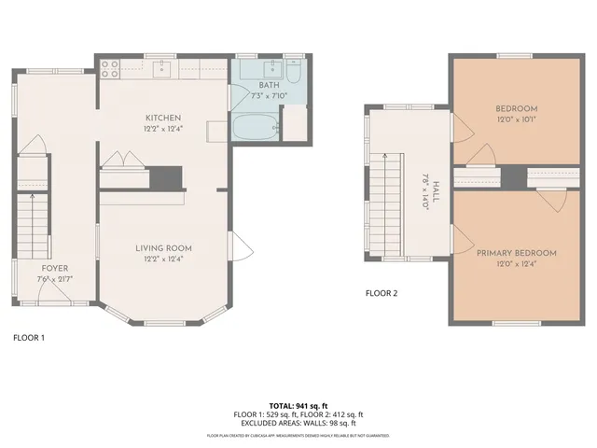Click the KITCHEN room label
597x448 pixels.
pyautogui.click(x=163, y=118)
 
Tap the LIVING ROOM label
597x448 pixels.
pyautogui.click(x=163, y=248)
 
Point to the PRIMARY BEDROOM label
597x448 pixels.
pyautogui.click(x=516, y=253)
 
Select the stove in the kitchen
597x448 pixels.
pyautogui.click(x=108, y=67)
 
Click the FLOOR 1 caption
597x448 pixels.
pyautogui.click(x=28, y=337)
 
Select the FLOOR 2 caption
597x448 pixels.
pyautogui.click(x=382, y=293)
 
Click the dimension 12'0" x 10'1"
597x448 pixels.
pyautogui.click(x=516, y=119)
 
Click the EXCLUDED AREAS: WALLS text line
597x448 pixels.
pyautogui.click(x=298, y=423)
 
